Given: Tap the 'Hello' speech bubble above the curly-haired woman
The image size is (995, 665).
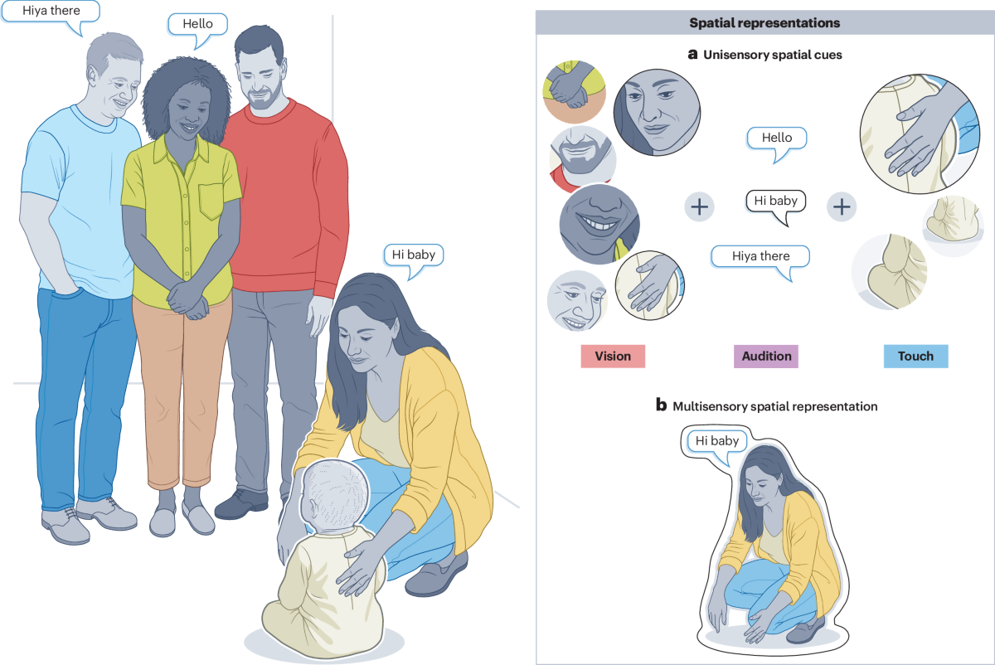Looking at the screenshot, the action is pyautogui.click(x=197, y=24).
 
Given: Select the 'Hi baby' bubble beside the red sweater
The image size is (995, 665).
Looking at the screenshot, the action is pyautogui.click(x=414, y=255).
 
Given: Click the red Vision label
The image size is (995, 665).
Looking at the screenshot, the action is pyautogui.click(x=613, y=357).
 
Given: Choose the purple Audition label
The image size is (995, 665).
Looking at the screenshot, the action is pyautogui.click(x=765, y=357).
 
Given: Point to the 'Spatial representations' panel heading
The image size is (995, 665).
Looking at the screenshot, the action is pyautogui.click(x=764, y=23).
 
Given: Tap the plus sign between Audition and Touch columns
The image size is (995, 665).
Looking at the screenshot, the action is pyautogui.click(x=842, y=206).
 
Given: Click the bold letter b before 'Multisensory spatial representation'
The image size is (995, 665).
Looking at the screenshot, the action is pyautogui.click(x=661, y=405).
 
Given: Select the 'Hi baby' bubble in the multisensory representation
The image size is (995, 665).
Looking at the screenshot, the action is pyautogui.click(x=716, y=441).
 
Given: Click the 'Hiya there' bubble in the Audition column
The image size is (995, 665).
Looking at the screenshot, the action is pyautogui.click(x=760, y=256).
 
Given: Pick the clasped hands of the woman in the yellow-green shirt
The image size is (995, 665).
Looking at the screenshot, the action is pyautogui.click(x=190, y=300).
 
